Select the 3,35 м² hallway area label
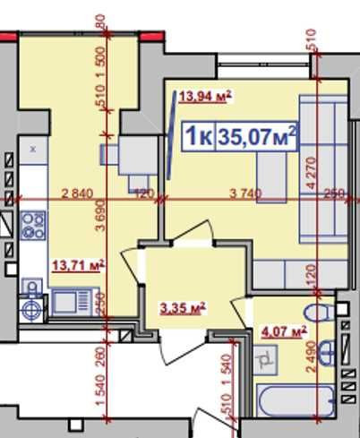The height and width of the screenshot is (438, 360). point(183,308)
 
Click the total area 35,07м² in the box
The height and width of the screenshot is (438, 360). point(258,137)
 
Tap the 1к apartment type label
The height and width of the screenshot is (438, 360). point(198,137)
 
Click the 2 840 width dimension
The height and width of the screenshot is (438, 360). point(78,193)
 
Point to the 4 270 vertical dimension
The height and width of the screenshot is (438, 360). point(312,170)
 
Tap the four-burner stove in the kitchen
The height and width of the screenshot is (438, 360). point(33,223)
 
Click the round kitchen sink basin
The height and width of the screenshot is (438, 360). point(31,307)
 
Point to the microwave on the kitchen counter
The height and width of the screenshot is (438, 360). point(68,302)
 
